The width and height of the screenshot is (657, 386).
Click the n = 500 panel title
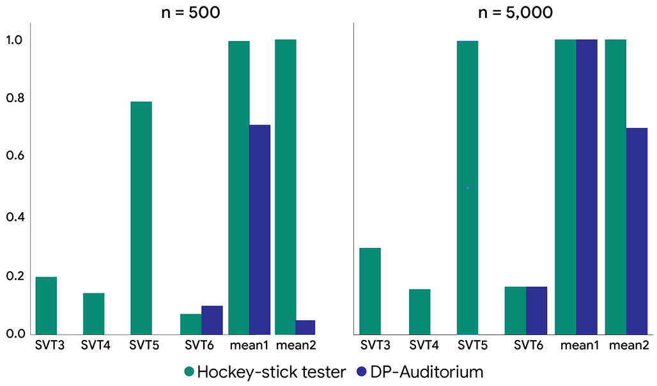click(190, 12)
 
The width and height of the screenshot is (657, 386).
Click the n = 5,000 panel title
click(515, 12)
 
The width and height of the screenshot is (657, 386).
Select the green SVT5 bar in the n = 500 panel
click(141, 218)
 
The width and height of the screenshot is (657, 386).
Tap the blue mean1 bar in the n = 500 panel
click(259, 229)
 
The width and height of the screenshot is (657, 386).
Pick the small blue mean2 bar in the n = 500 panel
click(305, 327)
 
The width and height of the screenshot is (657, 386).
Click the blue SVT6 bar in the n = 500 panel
click(212, 320)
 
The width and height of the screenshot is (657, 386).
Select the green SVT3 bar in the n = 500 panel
click(46, 305)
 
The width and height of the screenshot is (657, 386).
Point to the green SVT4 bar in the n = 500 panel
click(94, 314)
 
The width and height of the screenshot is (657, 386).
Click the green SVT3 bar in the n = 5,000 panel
click(371, 291)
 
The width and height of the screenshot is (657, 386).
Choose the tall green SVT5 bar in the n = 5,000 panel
click(468, 188)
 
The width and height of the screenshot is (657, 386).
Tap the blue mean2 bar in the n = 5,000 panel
click(637, 231)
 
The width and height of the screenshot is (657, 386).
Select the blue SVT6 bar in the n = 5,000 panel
click(537, 311)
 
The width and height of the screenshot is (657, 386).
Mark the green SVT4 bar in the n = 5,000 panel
click(420, 312)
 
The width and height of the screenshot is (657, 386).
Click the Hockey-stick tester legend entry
click(265, 372)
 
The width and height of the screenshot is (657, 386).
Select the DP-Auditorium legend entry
click(420, 372)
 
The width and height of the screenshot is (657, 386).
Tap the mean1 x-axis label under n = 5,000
click(580, 345)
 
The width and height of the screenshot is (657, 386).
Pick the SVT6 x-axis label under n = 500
click(199, 345)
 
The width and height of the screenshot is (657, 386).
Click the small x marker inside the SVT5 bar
click(468, 188)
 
